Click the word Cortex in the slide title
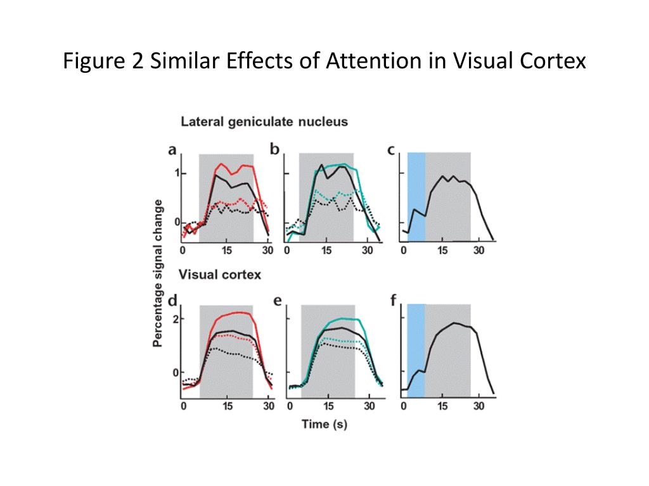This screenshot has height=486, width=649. coord(549,61)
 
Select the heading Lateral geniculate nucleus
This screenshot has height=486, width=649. coord(264,121)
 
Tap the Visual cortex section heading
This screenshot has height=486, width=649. coord(219,275)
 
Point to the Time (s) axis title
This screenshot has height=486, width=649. coord(324,423)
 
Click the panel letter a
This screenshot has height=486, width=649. coord(172,150)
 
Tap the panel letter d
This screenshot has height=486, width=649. coord(172,300)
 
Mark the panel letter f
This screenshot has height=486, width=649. coord(393,300)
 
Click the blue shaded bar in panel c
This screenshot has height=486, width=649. coord(416,196)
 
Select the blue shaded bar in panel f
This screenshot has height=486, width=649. coord(416,350)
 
